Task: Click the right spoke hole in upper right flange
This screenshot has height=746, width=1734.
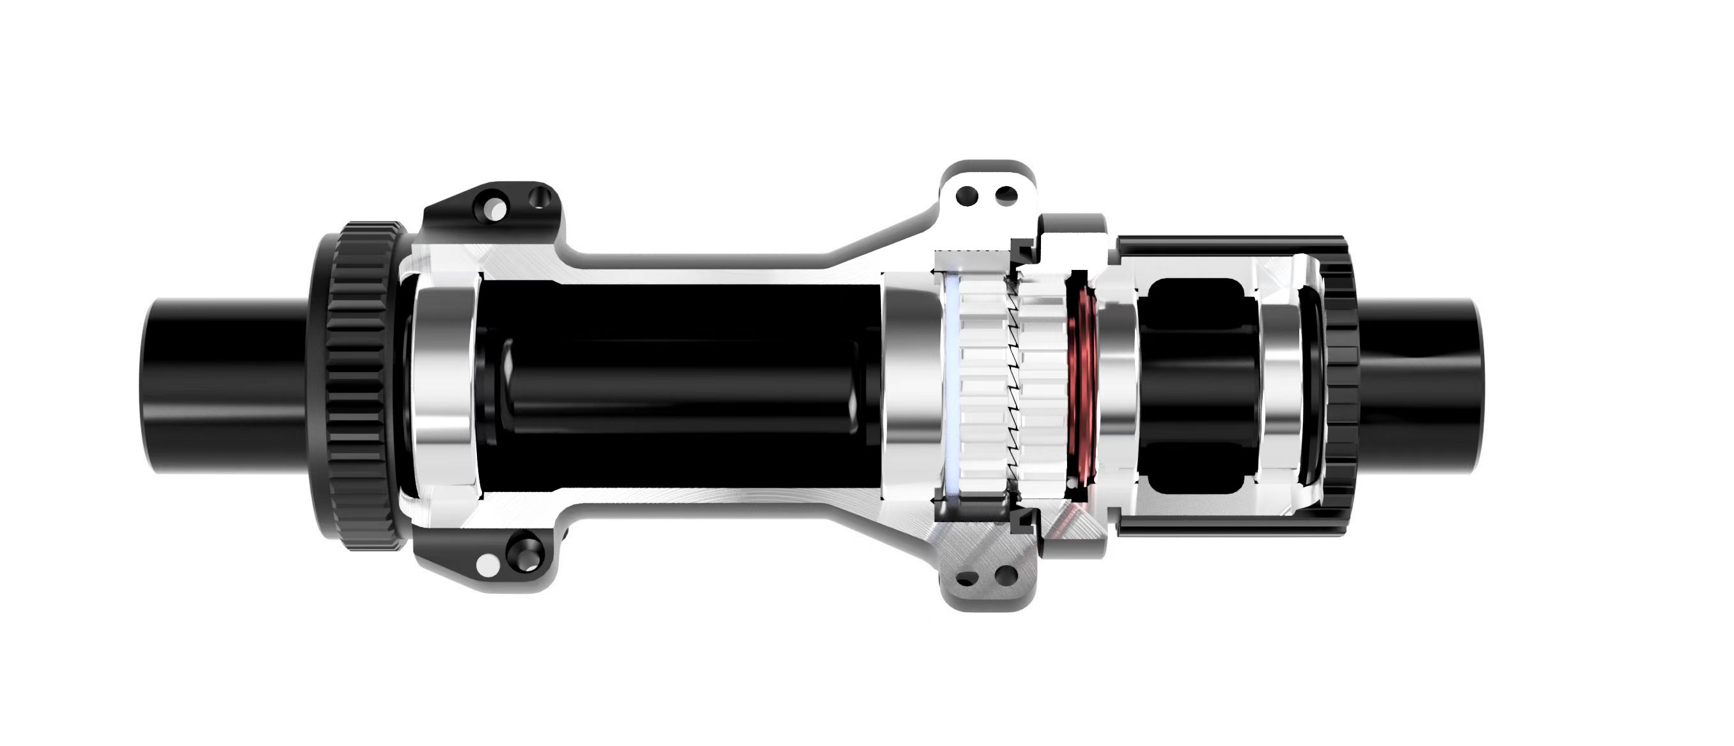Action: click(1005, 196)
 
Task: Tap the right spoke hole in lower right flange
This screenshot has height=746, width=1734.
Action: click(1005, 576)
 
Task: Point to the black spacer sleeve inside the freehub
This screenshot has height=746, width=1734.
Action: click(1195, 384)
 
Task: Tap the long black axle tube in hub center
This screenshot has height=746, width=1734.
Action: click(673, 384)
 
